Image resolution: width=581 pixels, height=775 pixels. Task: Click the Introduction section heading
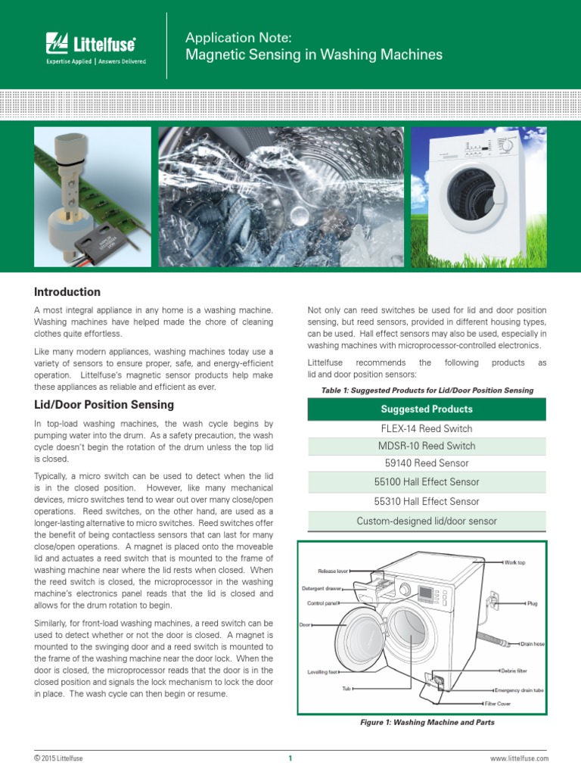coord(67,292)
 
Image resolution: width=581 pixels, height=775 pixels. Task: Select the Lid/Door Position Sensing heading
coord(104,405)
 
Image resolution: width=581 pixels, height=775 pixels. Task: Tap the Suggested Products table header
coord(427,409)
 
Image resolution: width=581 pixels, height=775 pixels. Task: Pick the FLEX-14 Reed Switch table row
coord(427,428)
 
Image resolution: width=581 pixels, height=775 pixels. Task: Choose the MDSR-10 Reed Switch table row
coord(427,446)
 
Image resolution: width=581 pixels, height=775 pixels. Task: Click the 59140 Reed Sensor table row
coord(427,463)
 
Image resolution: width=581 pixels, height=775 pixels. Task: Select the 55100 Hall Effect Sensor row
coord(427,482)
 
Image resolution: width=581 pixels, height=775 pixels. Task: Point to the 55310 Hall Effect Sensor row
coord(427,501)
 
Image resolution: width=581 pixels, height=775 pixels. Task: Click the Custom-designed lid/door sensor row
coord(427,521)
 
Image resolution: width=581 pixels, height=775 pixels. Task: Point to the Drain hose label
coord(533,644)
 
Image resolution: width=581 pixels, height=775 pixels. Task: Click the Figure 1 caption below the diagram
coord(427,722)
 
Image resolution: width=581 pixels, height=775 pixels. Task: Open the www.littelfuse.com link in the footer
coord(520,758)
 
